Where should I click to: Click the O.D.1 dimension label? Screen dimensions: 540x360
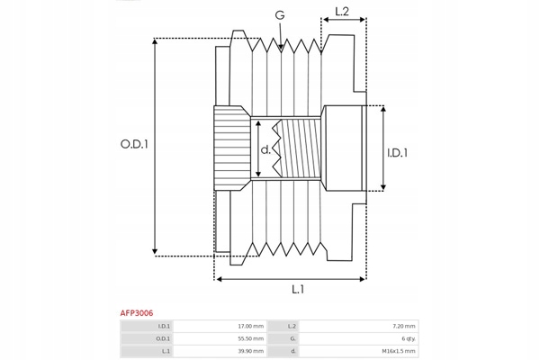click(x=134, y=144)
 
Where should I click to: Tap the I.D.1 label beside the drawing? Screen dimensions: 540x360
click(x=397, y=153)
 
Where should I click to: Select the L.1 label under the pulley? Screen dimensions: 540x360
click(x=298, y=290)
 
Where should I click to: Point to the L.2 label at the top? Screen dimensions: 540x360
click(x=342, y=12)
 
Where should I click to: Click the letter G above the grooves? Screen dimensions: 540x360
click(x=280, y=15)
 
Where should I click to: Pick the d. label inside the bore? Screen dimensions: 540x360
click(x=265, y=149)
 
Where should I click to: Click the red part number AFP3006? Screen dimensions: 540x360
click(x=137, y=313)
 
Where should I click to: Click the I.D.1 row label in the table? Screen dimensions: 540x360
click(x=164, y=326)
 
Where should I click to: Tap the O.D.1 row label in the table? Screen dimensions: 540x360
click(x=163, y=338)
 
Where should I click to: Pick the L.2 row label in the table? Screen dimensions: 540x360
click(x=292, y=326)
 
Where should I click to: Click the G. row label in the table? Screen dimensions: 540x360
click(x=293, y=338)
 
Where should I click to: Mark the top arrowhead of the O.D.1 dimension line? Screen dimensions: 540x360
click(x=155, y=40)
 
